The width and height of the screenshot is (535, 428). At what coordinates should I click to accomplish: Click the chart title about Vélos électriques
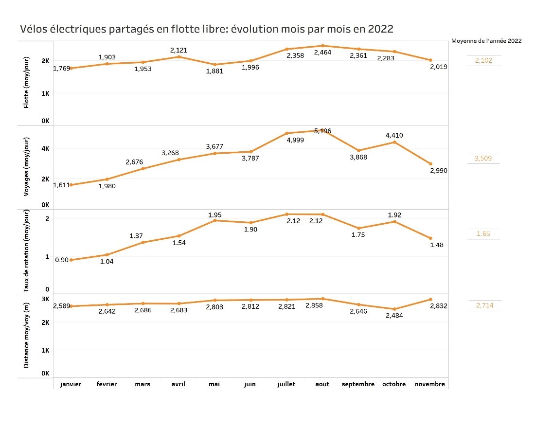[x=207, y=29]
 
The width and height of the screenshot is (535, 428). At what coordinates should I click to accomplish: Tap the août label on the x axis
[x=322, y=384]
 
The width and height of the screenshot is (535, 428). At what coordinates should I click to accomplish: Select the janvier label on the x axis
[x=71, y=384]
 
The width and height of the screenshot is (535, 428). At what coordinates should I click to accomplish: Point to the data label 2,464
[x=322, y=52]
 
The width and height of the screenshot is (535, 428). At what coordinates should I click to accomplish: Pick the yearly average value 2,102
[x=483, y=60]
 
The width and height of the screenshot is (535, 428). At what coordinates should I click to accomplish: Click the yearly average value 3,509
[x=483, y=159]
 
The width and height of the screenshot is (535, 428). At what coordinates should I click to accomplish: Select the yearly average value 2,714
[x=483, y=305]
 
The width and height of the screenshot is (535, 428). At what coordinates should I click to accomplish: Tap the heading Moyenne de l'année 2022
[x=486, y=41]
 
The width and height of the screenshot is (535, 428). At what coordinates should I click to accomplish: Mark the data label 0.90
[x=61, y=260]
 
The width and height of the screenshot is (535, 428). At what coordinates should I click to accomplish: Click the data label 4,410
[x=394, y=135]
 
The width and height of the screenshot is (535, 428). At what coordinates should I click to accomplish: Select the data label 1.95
[x=215, y=214]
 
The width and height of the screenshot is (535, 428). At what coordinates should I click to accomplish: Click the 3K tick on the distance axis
[x=45, y=299]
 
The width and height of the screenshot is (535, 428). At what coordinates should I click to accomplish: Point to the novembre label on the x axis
[x=430, y=384]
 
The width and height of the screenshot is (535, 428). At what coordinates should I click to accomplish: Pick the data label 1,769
[x=61, y=68]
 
